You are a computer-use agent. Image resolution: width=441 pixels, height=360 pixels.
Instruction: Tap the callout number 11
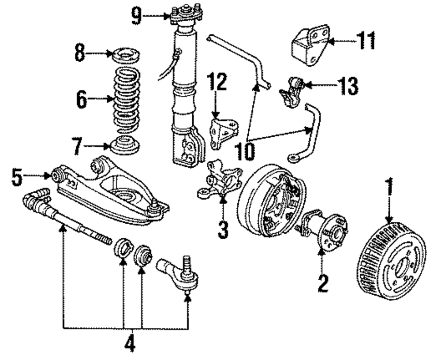(x=366, y=41)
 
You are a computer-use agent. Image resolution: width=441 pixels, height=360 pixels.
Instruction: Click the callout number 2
(x=323, y=284)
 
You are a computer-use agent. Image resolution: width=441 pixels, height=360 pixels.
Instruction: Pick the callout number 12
(x=217, y=82)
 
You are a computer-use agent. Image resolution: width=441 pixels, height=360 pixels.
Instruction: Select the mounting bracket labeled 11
(x=310, y=45)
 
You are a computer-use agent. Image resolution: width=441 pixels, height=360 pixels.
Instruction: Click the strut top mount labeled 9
(x=187, y=13)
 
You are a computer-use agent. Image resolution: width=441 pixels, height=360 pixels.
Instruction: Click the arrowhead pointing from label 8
(x=110, y=53)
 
